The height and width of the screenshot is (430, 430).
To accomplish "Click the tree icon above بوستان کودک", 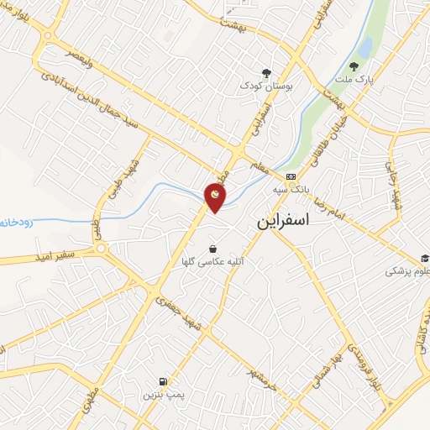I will pyautogui.click(x=266, y=73).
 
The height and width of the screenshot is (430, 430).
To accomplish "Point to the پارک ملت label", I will pyautogui.click(x=354, y=79).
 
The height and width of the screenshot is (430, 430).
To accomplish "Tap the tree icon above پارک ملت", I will pyautogui.click(x=354, y=66).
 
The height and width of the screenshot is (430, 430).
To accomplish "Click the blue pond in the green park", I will pyautogui.click(x=365, y=45).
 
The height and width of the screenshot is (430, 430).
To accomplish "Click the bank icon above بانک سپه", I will pyautogui.click(x=291, y=176).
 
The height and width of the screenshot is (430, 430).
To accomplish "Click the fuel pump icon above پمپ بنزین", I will pyautogui.click(x=161, y=380).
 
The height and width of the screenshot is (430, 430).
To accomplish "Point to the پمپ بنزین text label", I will pyautogui.click(x=161, y=394).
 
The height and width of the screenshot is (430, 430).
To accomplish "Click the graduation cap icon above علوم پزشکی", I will pyautogui.click(x=426, y=258).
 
